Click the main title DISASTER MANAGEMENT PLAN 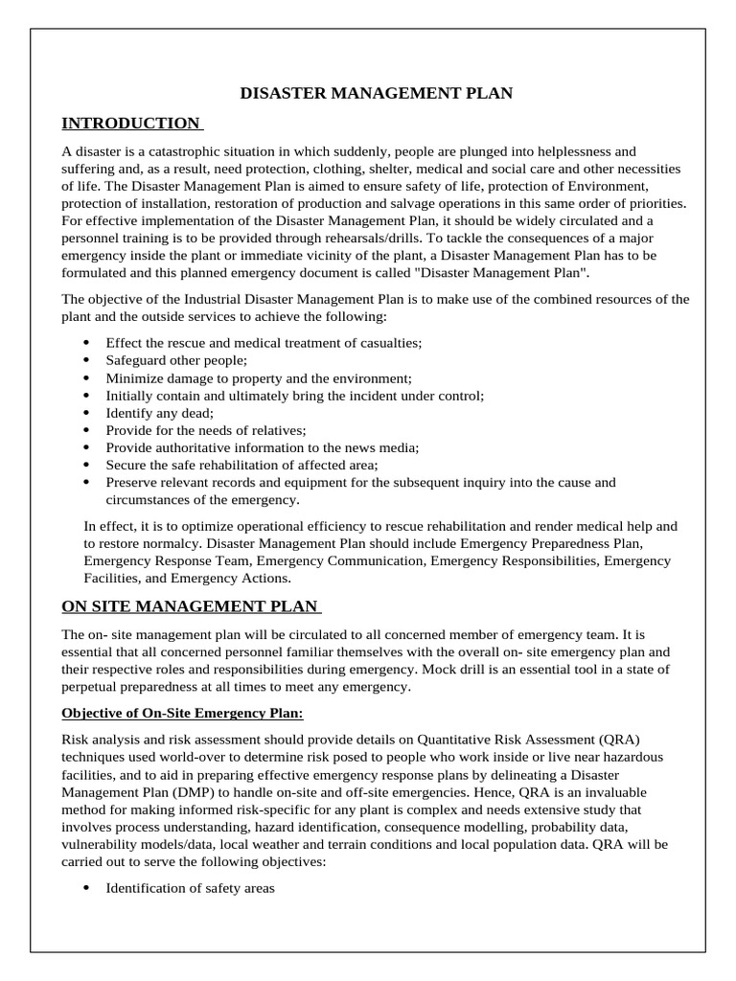point(376,93)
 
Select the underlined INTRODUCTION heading point(130,123)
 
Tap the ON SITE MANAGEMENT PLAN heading point(191,605)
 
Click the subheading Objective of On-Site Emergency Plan point(182,713)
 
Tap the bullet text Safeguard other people point(176,360)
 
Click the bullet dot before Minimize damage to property point(87,377)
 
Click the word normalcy point(159,543)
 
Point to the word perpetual point(93,687)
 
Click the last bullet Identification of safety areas point(190,888)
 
